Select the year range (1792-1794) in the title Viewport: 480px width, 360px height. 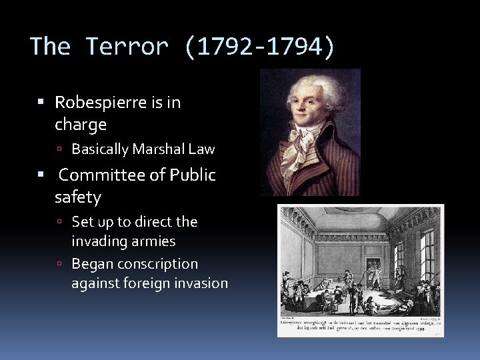pos(261,47)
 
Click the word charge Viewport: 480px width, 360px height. pos(81,125)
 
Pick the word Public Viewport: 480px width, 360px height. pos(193,175)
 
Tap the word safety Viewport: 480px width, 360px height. pos(78,197)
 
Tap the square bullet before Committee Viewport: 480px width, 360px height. pos(41,175)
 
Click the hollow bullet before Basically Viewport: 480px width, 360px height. pos(59,149)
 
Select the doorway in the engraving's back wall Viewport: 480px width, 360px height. pos(373,260)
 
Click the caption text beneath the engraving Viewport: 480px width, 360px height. pos(359,325)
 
